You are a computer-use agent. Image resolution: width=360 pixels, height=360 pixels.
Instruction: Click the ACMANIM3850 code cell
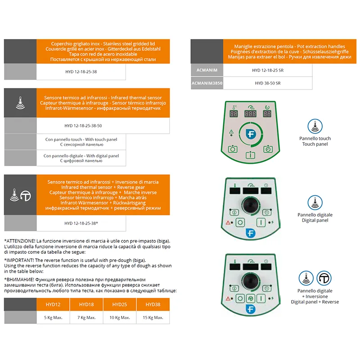(207, 83)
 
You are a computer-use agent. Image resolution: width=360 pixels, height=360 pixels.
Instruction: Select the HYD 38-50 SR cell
(268, 83)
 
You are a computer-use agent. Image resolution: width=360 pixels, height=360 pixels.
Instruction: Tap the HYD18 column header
(86, 305)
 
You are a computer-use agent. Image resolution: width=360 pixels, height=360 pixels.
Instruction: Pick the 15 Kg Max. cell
(153, 318)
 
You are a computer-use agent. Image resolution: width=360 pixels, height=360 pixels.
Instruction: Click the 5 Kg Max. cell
(53, 318)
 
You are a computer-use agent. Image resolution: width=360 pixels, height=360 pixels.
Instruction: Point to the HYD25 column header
(120, 305)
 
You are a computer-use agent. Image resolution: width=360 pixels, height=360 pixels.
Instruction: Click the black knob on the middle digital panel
(251, 205)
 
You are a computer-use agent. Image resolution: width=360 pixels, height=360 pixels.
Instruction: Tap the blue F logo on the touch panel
(251, 134)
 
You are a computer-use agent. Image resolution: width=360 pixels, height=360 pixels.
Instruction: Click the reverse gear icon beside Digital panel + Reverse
(324, 278)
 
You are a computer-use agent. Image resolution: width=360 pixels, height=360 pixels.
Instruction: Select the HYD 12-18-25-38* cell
(81, 223)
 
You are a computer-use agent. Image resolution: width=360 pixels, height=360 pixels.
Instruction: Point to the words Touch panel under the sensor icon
(315, 144)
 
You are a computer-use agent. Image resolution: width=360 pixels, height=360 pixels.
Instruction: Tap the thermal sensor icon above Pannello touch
(315, 126)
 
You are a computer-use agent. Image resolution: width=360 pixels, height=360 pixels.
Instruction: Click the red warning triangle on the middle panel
(228, 222)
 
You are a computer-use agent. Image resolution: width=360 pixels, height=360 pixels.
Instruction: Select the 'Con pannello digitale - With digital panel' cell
(81, 158)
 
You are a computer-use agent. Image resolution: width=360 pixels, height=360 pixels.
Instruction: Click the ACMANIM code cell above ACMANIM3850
(207, 70)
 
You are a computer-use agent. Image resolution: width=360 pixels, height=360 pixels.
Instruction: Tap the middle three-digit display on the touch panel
(250, 114)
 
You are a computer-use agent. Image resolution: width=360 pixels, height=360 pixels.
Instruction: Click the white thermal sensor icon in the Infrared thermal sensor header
(20, 103)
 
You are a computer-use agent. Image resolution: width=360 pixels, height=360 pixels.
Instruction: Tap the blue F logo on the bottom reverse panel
(251, 309)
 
